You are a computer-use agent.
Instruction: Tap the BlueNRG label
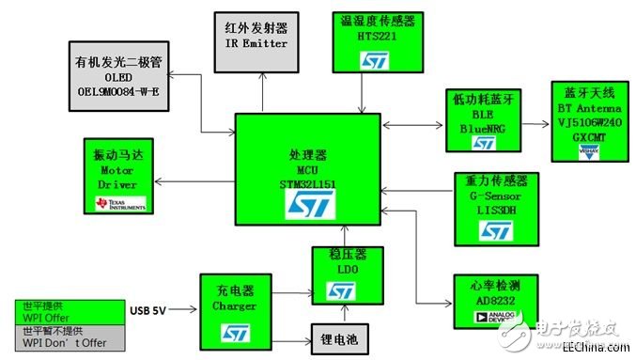point(483,124)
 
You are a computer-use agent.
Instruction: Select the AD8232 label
point(485,302)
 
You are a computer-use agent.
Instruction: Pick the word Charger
point(235,305)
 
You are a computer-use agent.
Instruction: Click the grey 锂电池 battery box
point(338,335)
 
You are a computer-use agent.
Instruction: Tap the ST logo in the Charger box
point(235,331)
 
